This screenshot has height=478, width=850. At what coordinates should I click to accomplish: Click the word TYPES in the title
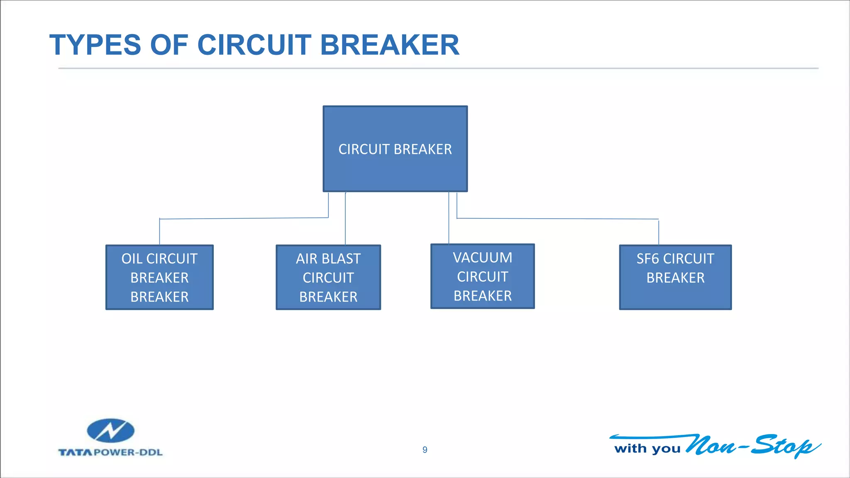[95, 45]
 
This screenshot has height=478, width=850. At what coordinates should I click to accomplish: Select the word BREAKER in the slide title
[390, 45]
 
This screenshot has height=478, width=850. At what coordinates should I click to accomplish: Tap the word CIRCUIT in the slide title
[254, 45]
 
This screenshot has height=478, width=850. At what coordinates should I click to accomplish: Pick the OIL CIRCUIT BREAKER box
[159, 277]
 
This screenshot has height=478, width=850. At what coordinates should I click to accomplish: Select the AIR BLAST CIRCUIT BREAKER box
[328, 277]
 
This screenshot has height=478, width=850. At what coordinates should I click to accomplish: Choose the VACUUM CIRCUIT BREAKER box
[482, 276]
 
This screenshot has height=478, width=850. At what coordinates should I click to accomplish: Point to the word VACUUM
[482, 258]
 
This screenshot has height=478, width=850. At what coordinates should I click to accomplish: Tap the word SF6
[648, 259]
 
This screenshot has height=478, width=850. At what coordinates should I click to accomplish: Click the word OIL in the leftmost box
[132, 259]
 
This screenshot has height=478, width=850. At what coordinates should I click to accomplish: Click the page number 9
[425, 450]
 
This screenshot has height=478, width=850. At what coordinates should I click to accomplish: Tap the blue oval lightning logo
[110, 431]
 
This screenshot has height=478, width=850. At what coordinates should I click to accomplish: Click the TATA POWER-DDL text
[110, 452]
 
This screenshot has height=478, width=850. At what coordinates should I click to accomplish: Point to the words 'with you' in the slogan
[647, 449]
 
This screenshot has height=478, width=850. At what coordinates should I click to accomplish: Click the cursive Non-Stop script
[751, 446]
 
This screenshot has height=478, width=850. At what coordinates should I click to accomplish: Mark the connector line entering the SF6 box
[659, 232]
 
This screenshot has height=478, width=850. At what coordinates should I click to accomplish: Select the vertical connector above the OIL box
[160, 232]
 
